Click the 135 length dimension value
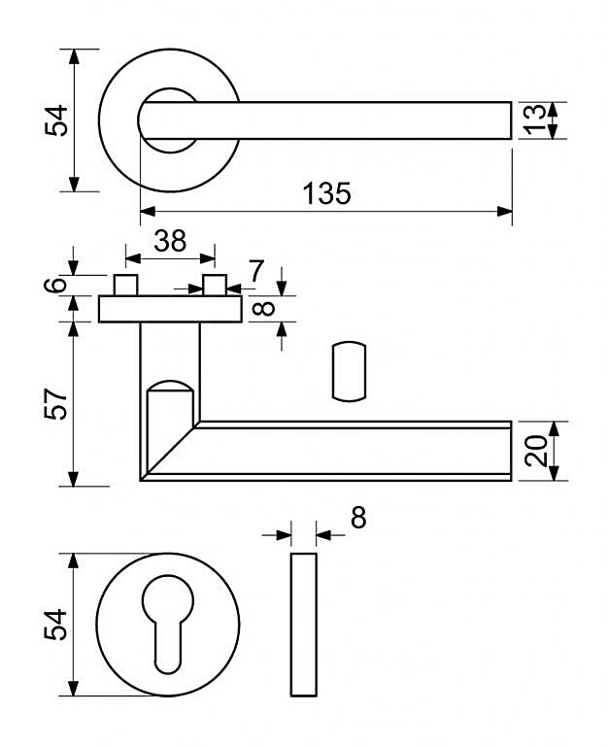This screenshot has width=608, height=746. [327, 193]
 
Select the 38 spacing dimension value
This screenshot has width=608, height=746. [170, 241]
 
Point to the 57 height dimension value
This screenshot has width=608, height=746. [55, 404]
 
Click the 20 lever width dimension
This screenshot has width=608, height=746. [536, 451]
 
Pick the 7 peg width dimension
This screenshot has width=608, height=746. [256, 271]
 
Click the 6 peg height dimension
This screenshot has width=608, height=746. [55, 285]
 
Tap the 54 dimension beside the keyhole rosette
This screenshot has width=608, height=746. [55, 625]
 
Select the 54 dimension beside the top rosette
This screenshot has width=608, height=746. [56, 120]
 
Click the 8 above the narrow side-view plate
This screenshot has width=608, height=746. [358, 518]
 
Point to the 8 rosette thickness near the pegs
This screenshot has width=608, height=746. [264, 309]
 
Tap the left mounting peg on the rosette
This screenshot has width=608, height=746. [125, 285]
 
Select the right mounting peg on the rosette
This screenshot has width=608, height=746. [215, 285]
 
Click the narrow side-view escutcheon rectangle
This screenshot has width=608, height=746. [304, 625]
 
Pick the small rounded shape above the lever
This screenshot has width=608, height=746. [350, 371]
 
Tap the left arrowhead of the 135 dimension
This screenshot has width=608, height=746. [149, 211]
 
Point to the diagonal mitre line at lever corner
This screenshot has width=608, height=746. [170, 451]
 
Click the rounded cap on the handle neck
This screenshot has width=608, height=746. [170, 386]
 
